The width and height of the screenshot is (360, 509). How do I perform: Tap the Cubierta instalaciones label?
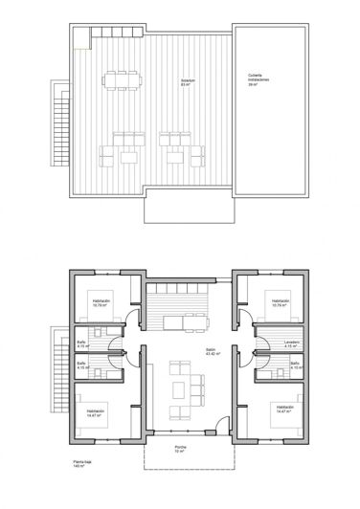(257, 80)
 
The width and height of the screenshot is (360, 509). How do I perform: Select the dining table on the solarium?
(124, 77)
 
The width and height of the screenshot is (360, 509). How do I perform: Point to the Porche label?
(180, 449)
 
